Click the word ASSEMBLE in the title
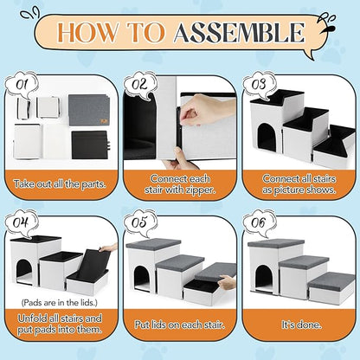point(239,32)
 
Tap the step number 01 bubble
point(22,86)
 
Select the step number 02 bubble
point(140,85)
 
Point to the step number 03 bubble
point(259,86)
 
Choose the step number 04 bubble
point(22,223)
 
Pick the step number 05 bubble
point(140,223)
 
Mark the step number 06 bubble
point(259,223)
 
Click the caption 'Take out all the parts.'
point(60,184)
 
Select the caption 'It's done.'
point(301,325)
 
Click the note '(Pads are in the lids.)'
point(59,303)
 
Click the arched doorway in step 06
point(264,279)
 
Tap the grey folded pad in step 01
point(89,110)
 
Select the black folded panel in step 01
point(90,145)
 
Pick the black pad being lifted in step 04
point(93,266)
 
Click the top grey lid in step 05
point(153,245)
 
